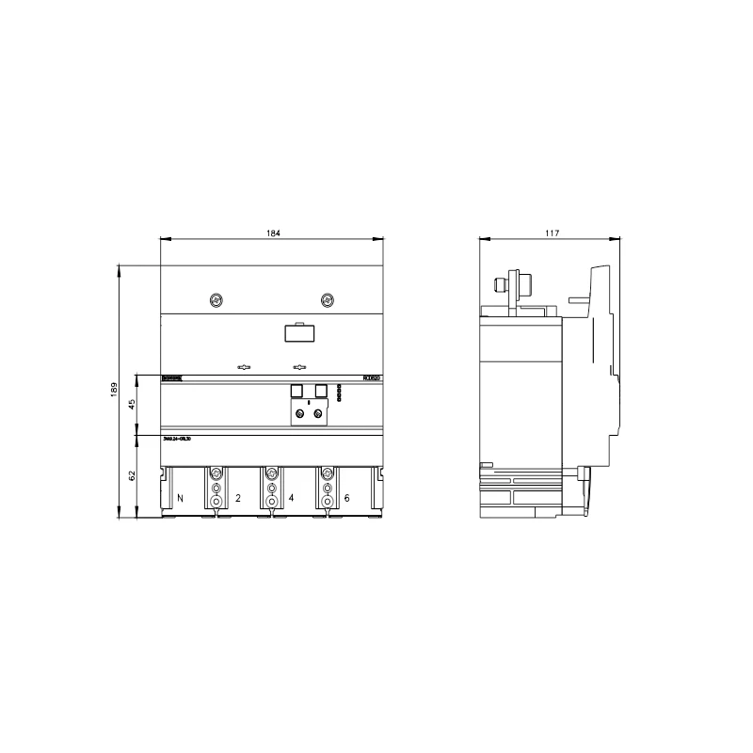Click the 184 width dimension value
[x=273, y=232]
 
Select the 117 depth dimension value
[x=552, y=232]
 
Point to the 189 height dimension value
[x=113, y=390]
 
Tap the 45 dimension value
[x=132, y=404]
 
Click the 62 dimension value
[x=132, y=476]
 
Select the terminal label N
[x=180, y=496]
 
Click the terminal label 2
[x=237, y=496]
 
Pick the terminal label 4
[x=292, y=496]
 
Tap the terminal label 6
[x=347, y=496]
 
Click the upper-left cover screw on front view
[x=216, y=300]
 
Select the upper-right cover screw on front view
[x=328, y=300]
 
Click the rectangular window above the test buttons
[x=299, y=331]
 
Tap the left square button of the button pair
[x=296, y=391]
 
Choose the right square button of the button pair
[x=321, y=391]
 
